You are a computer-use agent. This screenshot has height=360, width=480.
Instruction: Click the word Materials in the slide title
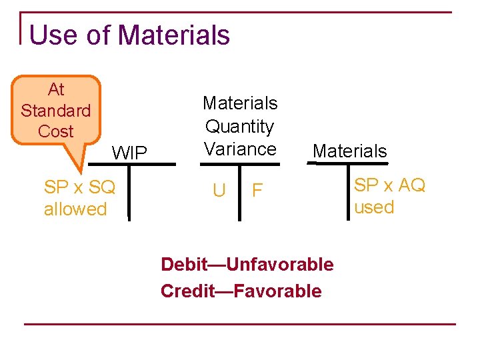pos(174,35)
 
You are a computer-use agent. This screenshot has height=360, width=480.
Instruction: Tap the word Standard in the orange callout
pos(56,110)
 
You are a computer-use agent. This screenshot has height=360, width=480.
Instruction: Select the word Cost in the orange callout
pos(56,131)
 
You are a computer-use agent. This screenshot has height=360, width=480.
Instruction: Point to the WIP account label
pos(129,153)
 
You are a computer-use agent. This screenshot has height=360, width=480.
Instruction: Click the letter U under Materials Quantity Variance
pos(219,191)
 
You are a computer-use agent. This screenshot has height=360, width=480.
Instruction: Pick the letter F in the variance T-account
pos(257,191)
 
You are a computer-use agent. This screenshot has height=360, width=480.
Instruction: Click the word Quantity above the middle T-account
pos(240,126)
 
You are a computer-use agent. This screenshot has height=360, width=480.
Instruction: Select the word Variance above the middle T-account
pos(240,149)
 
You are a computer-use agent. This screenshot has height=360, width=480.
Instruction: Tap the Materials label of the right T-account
pos(350,151)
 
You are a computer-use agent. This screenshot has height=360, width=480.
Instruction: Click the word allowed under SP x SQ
pos(75,209)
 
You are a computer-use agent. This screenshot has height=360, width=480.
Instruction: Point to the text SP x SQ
pos(79,187)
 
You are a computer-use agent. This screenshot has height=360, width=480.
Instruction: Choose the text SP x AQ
pos(389,185)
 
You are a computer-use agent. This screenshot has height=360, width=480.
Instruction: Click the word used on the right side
pos(374,207)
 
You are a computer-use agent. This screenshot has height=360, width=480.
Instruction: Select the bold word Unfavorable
pos(281,265)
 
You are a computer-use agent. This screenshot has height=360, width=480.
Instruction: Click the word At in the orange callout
pos(56,89)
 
